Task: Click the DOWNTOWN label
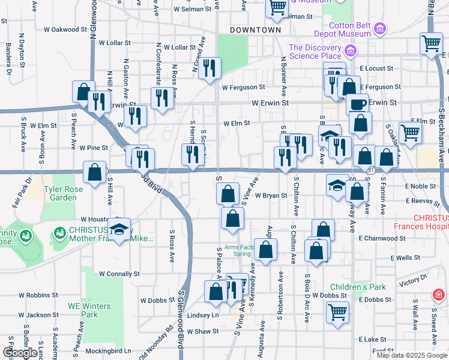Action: (x=256, y=29)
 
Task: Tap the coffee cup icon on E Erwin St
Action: (x=357, y=103)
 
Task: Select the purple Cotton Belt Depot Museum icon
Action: (x=379, y=28)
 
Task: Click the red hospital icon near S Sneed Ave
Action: (x=439, y=295)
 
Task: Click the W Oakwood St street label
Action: (x=65, y=29)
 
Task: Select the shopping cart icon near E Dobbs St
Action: (x=338, y=311)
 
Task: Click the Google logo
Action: (x=20, y=353)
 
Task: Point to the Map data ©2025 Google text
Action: (x=412, y=355)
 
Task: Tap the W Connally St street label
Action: (x=119, y=273)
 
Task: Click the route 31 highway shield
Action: (x=372, y=170)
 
